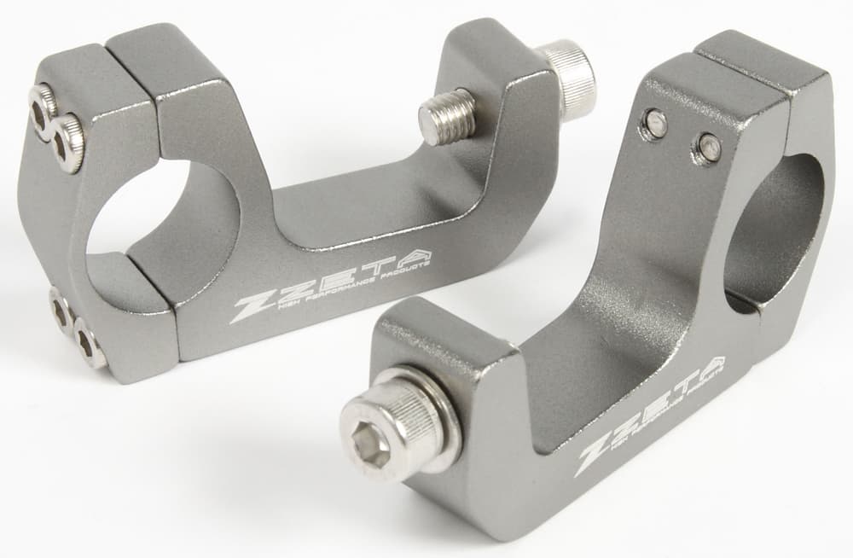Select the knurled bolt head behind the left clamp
[x=570, y=77]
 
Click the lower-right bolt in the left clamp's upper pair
[x=67, y=140]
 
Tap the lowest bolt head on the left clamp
[x=88, y=346]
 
